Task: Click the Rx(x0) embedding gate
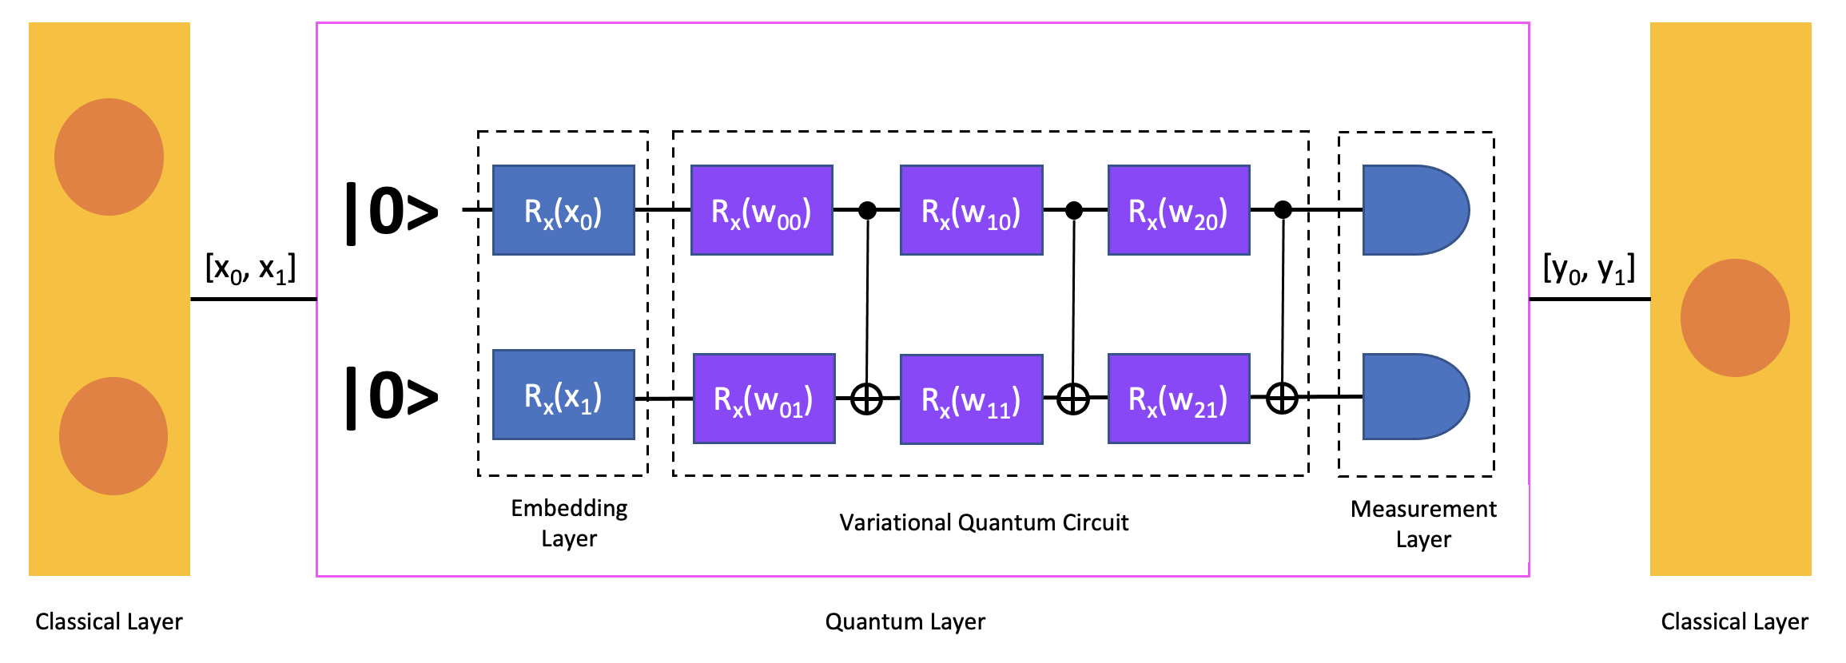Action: pos(563,210)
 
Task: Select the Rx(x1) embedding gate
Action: pos(563,395)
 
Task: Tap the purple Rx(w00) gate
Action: pos(762,210)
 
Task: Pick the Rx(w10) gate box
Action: pos(971,210)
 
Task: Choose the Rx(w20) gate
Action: pos(1179,210)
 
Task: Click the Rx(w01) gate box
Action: pos(763,399)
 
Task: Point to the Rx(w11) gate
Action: pos(971,399)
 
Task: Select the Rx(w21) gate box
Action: pos(1179,399)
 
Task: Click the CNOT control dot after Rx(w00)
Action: pos(867,210)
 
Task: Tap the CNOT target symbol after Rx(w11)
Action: pos(1072,399)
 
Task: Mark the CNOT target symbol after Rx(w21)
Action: pos(1282,398)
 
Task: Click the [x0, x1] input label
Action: pos(250,268)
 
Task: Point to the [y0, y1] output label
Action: pos(1589,268)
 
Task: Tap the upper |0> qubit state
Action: pos(392,212)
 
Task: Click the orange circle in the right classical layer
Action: pos(1735,317)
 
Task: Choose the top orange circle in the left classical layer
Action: pos(109,157)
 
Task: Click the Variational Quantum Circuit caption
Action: pos(984,522)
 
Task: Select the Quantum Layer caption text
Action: pos(905,621)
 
